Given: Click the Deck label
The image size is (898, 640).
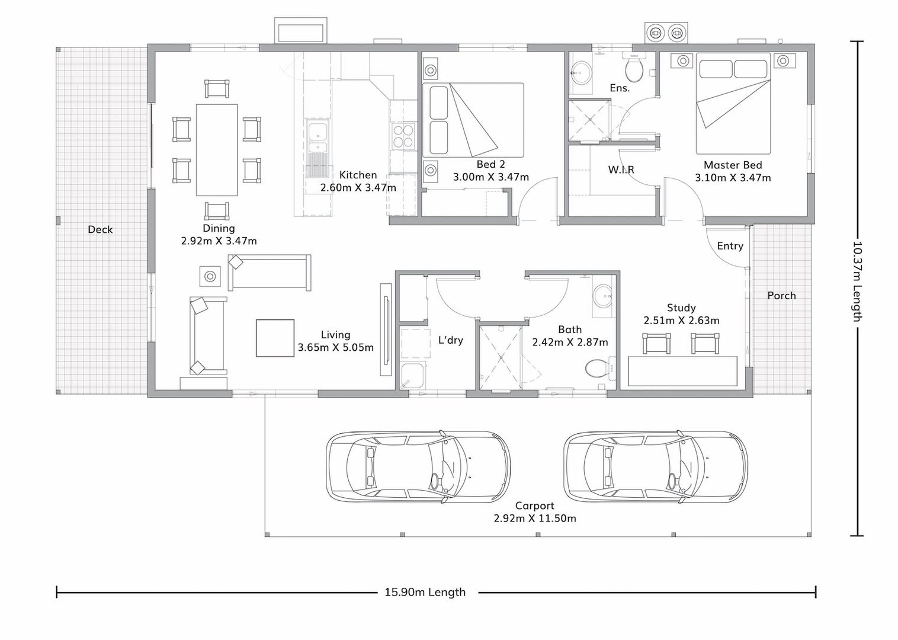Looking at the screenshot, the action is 100,229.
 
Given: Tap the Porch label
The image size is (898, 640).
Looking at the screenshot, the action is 781,296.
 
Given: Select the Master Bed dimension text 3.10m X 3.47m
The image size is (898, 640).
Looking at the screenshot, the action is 733,178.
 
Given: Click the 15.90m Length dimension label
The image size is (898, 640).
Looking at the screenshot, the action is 425,592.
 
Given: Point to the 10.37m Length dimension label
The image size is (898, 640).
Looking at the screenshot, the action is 857,281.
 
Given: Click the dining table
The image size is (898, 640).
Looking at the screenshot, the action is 216,150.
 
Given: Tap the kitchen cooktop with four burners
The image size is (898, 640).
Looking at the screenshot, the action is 403,137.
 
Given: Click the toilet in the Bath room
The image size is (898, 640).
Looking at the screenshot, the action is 601,368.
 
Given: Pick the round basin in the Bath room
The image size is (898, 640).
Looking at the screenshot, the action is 602,296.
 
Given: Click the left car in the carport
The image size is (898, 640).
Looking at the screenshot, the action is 418,467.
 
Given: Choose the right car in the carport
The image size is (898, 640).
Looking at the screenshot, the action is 656,467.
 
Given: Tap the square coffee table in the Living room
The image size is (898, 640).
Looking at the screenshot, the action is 275,338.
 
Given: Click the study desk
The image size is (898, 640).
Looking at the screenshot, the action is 682,371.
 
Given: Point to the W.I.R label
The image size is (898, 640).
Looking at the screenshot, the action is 621,169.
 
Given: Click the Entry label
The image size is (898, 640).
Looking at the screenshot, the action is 730,246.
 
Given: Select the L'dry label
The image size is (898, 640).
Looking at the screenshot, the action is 451,340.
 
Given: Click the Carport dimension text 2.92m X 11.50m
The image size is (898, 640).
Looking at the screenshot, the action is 535,519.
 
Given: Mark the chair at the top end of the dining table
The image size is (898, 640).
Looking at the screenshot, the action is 217,89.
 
